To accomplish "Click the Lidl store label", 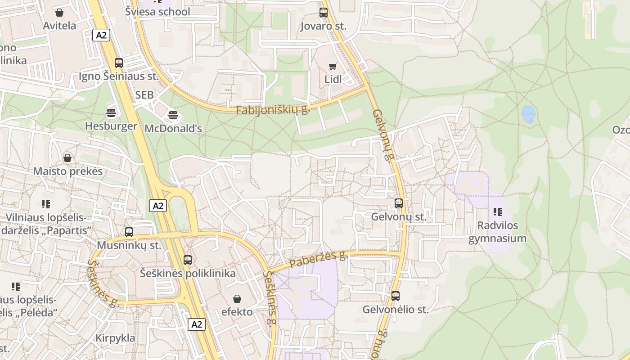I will pyautogui.click(x=333, y=79).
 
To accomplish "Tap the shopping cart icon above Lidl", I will pyautogui.click(x=333, y=67).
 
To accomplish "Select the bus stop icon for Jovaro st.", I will pyautogui.click(x=324, y=13).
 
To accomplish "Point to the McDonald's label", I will pyautogui.click(x=173, y=128).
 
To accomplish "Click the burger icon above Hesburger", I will pyautogui.click(x=111, y=112).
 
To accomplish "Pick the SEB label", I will pyautogui.click(x=144, y=95).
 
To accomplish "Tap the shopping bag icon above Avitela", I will pyautogui.click(x=59, y=12).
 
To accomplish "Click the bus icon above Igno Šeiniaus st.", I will pyautogui.click(x=119, y=63).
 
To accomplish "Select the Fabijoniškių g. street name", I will pyautogui.click(x=273, y=109).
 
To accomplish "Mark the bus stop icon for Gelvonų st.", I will pyautogui.click(x=399, y=203).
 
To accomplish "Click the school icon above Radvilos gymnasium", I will pyautogui.click(x=497, y=211).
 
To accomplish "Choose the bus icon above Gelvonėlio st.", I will pyautogui.click(x=396, y=296).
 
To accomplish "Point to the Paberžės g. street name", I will pyautogui.click(x=318, y=259).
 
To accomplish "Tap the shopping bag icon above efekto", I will pyautogui.click(x=237, y=299).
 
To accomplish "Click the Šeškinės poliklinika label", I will pyautogui.click(x=188, y=273).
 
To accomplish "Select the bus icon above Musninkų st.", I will pyautogui.click(x=129, y=232).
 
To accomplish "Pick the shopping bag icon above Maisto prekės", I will pyautogui.click(x=67, y=158).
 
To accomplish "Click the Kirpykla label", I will pyautogui.click(x=115, y=338).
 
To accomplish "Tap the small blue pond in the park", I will pyautogui.click(x=529, y=114).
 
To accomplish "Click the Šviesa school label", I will pyautogui.click(x=158, y=12).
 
